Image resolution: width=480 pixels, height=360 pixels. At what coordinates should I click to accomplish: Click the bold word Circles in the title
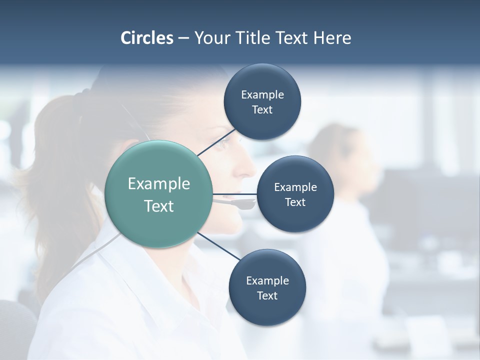(x=146, y=38)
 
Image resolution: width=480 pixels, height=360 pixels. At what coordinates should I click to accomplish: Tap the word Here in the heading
(x=332, y=38)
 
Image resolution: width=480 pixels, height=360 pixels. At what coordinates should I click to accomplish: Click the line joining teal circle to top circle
(x=216, y=142)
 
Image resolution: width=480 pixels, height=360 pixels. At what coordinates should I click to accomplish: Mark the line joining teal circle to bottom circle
(x=219, y=246)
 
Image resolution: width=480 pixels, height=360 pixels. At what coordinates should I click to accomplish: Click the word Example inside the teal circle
(x=158, y=184)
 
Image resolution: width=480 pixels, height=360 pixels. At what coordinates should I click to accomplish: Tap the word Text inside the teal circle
(x=158, y=206)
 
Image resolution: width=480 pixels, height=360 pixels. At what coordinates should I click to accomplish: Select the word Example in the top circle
(x=262, y=94)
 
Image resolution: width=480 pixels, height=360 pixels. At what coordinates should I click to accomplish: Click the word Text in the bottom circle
(x=267, y=295)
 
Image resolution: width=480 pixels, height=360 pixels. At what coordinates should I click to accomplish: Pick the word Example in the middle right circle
(x=295, y=187)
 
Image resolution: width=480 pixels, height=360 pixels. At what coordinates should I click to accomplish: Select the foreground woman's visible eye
(x=224, y=141)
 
